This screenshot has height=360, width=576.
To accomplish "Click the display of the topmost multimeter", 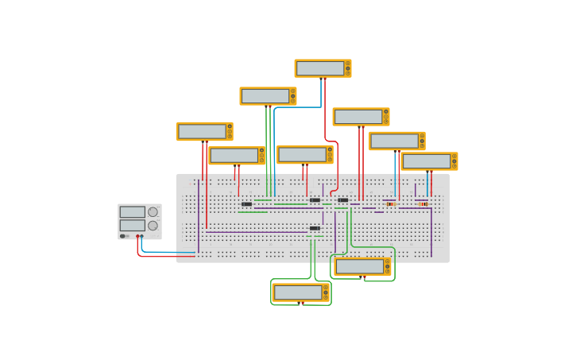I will coord(320,68).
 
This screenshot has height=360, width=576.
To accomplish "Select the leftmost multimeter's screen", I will coord(202,131).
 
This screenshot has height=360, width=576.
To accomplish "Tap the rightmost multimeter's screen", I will coord(427,161).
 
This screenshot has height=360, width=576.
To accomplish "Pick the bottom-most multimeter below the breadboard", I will coord(300,292).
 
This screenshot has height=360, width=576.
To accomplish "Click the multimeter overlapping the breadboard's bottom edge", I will coord(361,266).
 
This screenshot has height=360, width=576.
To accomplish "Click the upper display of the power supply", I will coord(132,212).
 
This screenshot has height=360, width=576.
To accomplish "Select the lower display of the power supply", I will coord(132,225).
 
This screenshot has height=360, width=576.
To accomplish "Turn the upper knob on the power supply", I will coord(153,212).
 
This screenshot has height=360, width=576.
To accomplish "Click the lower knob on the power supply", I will coord(153,226).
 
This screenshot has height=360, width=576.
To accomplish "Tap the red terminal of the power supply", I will coord(137,236).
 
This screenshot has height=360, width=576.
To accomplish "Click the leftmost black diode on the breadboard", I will coord(246,204).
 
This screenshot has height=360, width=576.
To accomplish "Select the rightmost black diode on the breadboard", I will coord(342,199).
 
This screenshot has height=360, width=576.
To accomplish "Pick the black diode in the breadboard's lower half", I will coord(315,228).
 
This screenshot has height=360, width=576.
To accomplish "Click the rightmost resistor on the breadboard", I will coord(423,204).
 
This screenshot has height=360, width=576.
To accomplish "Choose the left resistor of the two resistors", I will coord(391,204).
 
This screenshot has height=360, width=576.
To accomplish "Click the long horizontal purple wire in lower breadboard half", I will coord(254,232).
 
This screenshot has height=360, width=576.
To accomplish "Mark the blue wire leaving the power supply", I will coord(167,253).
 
